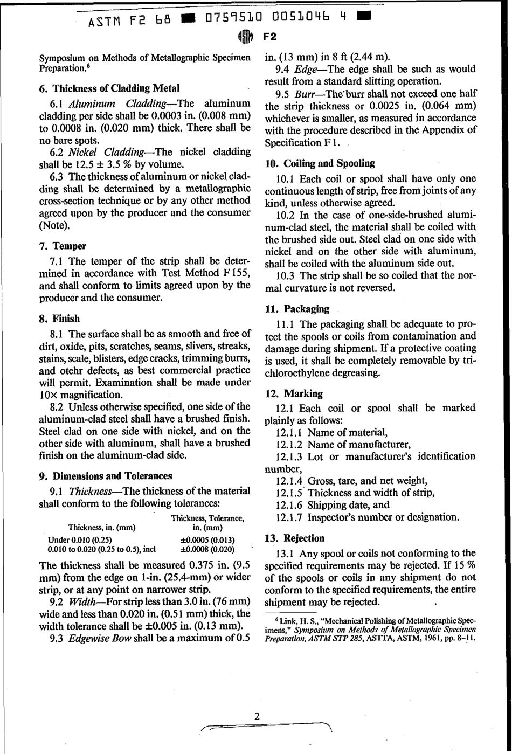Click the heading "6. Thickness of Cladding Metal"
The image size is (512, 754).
pyautogui.click(x=109, y=88)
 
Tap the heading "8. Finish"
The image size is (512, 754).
pyautogui.click(x=59, y=319)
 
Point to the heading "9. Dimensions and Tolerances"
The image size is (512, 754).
pyautogui.click(x=106, y=476)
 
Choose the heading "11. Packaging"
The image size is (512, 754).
pyautogui.click(x=297, y=309)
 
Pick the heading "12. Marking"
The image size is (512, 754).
pyautogui.click(x=294, y=393)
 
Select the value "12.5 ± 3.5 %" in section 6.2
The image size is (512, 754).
pyautogui.click(x=99, y=164)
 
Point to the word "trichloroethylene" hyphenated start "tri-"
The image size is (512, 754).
pyautogui.click(x=469, y=359)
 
